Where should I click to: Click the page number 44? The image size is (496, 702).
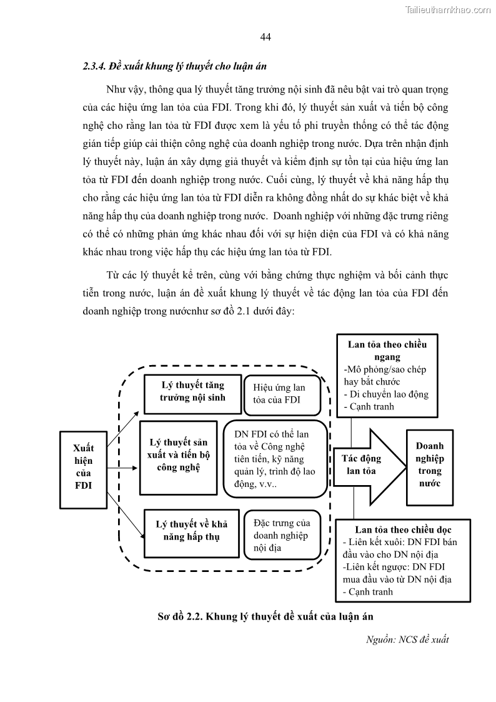265,38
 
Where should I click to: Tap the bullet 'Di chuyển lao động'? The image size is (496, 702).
388,394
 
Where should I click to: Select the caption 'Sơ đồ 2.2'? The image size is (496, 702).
265,616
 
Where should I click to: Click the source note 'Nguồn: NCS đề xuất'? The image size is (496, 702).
407,639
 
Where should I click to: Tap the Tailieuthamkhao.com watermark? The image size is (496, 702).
448,9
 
